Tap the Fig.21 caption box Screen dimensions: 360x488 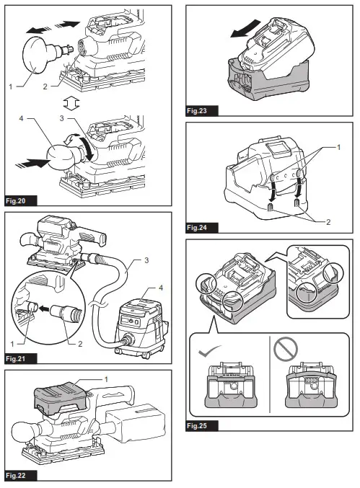(x=21, y=358)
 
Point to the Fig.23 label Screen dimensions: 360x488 (x=202, y=110)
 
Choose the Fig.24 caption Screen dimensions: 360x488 (x=202, y=228)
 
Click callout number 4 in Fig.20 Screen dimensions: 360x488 (x=21, y=118)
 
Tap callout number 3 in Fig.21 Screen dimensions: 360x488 (x=146, y=260)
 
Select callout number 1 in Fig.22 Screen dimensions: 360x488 (x=106, y=379)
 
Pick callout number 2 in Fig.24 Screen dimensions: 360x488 (x=328, y=222)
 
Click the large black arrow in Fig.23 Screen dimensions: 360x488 (x=245, y=28)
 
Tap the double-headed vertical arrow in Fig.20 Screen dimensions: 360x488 (x=71, y=102)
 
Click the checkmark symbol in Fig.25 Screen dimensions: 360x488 (x=209, y=351)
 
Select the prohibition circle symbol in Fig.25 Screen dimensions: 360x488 (x=285, y=349)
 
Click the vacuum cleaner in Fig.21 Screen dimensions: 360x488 (x=141, y=327)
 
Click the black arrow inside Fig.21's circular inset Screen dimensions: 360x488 (x=45, y=309)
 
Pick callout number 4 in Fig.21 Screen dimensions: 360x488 (x=161, y=288)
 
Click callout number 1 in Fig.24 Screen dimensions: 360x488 (x=339, y=147)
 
